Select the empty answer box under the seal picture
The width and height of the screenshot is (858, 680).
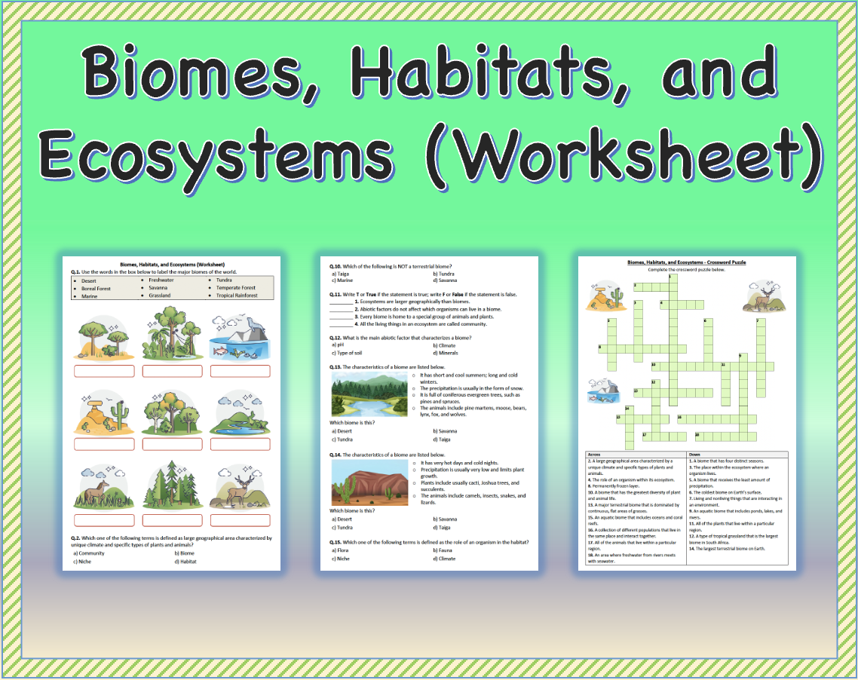coord(240,371)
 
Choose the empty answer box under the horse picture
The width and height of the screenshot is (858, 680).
coord(104,519)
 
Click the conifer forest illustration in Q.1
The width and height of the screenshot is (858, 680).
coord(172,486)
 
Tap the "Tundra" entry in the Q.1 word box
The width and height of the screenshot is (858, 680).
coord(223,280)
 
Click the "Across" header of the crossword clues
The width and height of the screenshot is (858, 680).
coord(594,455)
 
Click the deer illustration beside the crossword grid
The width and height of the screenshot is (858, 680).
coord(763,299)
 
